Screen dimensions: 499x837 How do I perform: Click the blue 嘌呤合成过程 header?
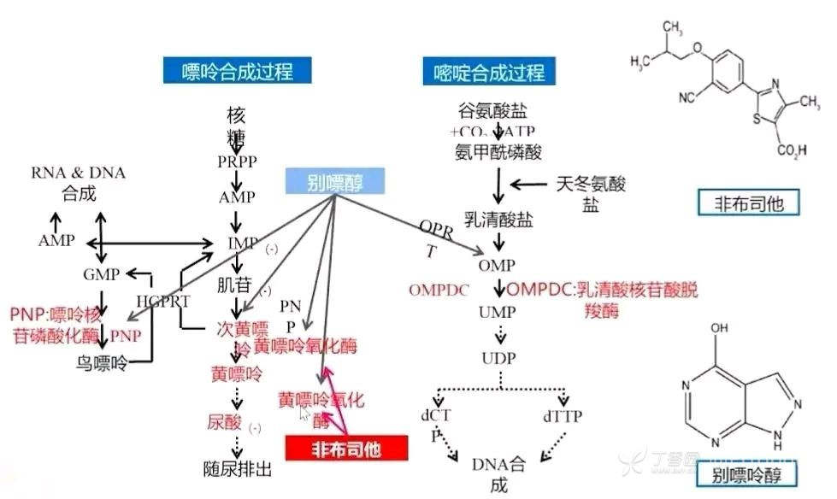tap(237, 71)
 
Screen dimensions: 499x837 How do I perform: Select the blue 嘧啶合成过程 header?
tap(484, 71)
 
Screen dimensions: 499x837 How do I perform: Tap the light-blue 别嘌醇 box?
tap(334, 181)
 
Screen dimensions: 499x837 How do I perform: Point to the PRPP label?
tap(238, 161)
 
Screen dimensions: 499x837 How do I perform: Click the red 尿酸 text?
tap(225, 421)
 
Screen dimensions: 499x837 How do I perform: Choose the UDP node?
tap(498, 356)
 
